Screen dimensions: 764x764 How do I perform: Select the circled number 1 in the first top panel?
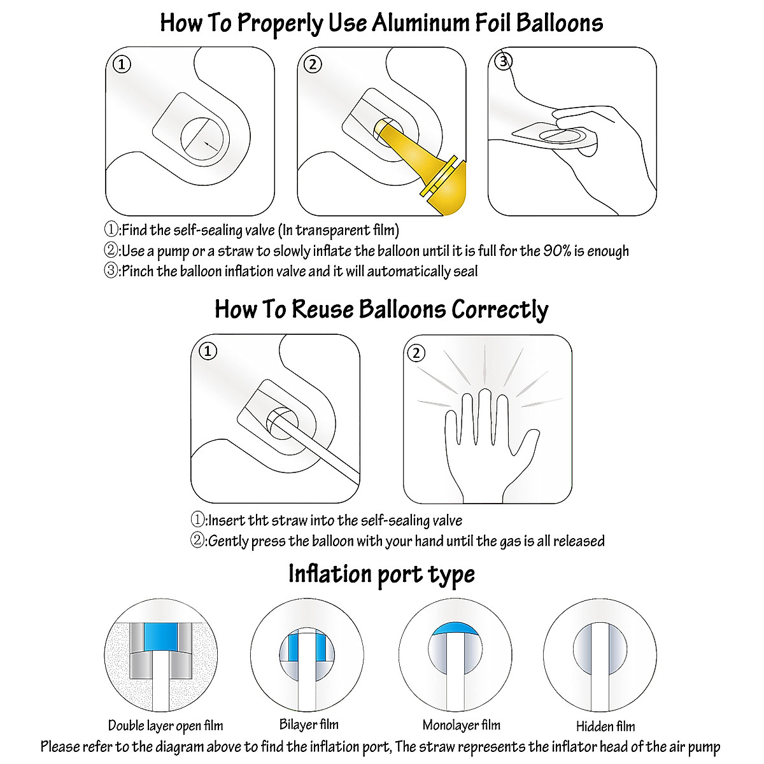tap(122, 64)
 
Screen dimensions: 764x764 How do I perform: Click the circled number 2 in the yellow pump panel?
tap(312, 64)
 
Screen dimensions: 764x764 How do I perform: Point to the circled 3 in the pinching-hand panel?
tap(504, 62)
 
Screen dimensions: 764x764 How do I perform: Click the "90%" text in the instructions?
tap(557, 251)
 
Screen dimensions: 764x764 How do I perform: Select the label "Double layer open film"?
tap(166, 726)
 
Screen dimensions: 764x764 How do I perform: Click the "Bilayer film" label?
tap(309, 725)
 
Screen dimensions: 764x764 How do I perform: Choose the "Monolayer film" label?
tap(462, 725)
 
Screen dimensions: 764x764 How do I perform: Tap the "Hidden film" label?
tap(605, 726)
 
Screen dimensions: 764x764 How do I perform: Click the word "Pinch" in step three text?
tap(138, 272)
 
